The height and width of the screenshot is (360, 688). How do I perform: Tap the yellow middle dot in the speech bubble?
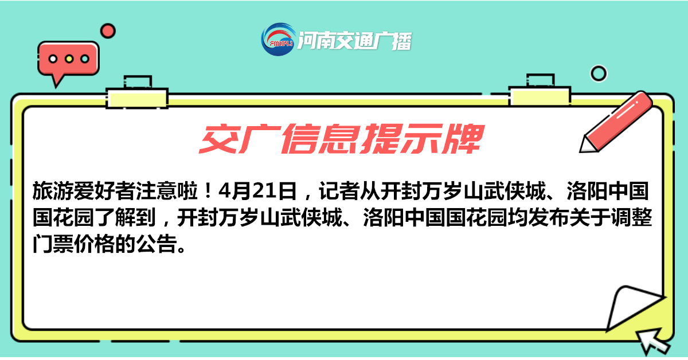[69, 58]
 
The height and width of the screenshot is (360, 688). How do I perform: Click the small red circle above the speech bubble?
[108, 31]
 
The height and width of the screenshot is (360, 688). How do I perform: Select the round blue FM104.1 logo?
[279, 40]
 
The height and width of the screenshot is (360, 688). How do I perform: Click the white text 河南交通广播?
[355, 41]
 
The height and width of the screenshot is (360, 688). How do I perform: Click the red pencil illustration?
[616, 122]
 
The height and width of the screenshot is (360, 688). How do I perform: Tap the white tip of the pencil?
[587, 146]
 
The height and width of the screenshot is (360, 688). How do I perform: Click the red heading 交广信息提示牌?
[342, 139]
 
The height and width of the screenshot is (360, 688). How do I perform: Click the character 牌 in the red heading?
[463, 139]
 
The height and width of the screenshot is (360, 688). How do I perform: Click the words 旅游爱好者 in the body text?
[84, 191]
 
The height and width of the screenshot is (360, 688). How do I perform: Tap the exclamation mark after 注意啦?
[208, 191]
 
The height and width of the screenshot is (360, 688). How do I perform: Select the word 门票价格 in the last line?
[74, 244]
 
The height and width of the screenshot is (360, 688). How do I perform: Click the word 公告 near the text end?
[157, 244]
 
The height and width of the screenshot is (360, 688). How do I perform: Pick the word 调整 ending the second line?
[631, 217]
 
